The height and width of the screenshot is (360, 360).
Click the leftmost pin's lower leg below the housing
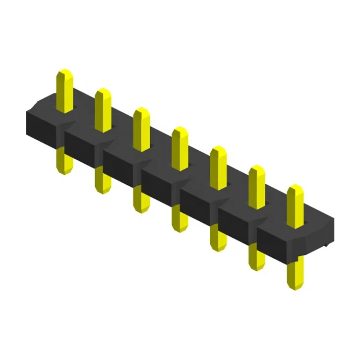click(x=64, y=161)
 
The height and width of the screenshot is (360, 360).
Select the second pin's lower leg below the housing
click(x=102, y=180)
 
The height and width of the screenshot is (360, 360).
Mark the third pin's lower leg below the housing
click(x=141, y=199)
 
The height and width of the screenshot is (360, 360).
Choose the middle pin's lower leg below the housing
click(x=179, y=218)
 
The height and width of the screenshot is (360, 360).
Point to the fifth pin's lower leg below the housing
click(x=217, y=238)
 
